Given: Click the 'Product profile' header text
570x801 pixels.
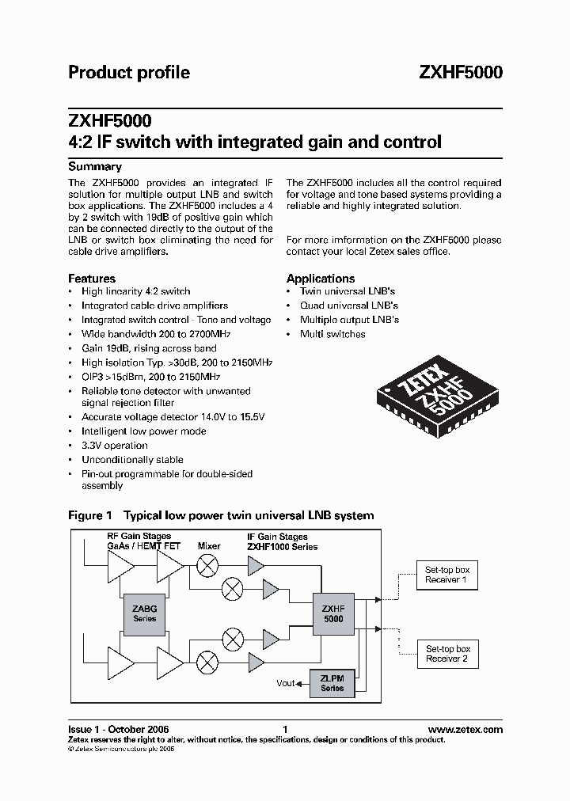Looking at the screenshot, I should [x=129, y=73].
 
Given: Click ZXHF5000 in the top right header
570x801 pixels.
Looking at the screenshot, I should [x=460, y=73].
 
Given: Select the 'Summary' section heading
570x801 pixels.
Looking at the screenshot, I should [x=95, y=167].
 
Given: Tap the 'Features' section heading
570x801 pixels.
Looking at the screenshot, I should [x=92, y=279].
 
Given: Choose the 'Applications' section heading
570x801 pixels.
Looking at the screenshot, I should [x=321, y=279].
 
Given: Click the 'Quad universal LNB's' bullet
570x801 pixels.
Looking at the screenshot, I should [x=348, y=306].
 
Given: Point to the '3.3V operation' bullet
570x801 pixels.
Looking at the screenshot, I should [x=115, y=446].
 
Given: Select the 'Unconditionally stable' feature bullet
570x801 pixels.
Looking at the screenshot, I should [x=132, y=460].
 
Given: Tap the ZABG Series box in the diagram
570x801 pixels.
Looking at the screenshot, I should [x=145, y=613].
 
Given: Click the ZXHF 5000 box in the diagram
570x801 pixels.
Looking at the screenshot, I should [x=333, y=613].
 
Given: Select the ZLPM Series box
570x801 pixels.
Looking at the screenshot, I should [x=332, y=683].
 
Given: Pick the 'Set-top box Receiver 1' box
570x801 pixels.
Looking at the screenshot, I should [x=447, y=575].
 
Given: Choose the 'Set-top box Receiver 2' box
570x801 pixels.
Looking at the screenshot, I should [x=447, y=654].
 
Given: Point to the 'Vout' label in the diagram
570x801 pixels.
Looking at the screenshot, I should [x=286, y=683].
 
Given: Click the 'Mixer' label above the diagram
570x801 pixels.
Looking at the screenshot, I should [x=209, y=546].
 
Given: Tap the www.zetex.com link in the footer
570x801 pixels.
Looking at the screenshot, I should [x=465, y=729].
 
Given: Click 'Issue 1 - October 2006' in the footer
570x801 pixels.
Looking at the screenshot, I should [x=118, y=729].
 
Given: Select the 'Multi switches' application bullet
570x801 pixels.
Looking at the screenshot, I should [x=332, y=334].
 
